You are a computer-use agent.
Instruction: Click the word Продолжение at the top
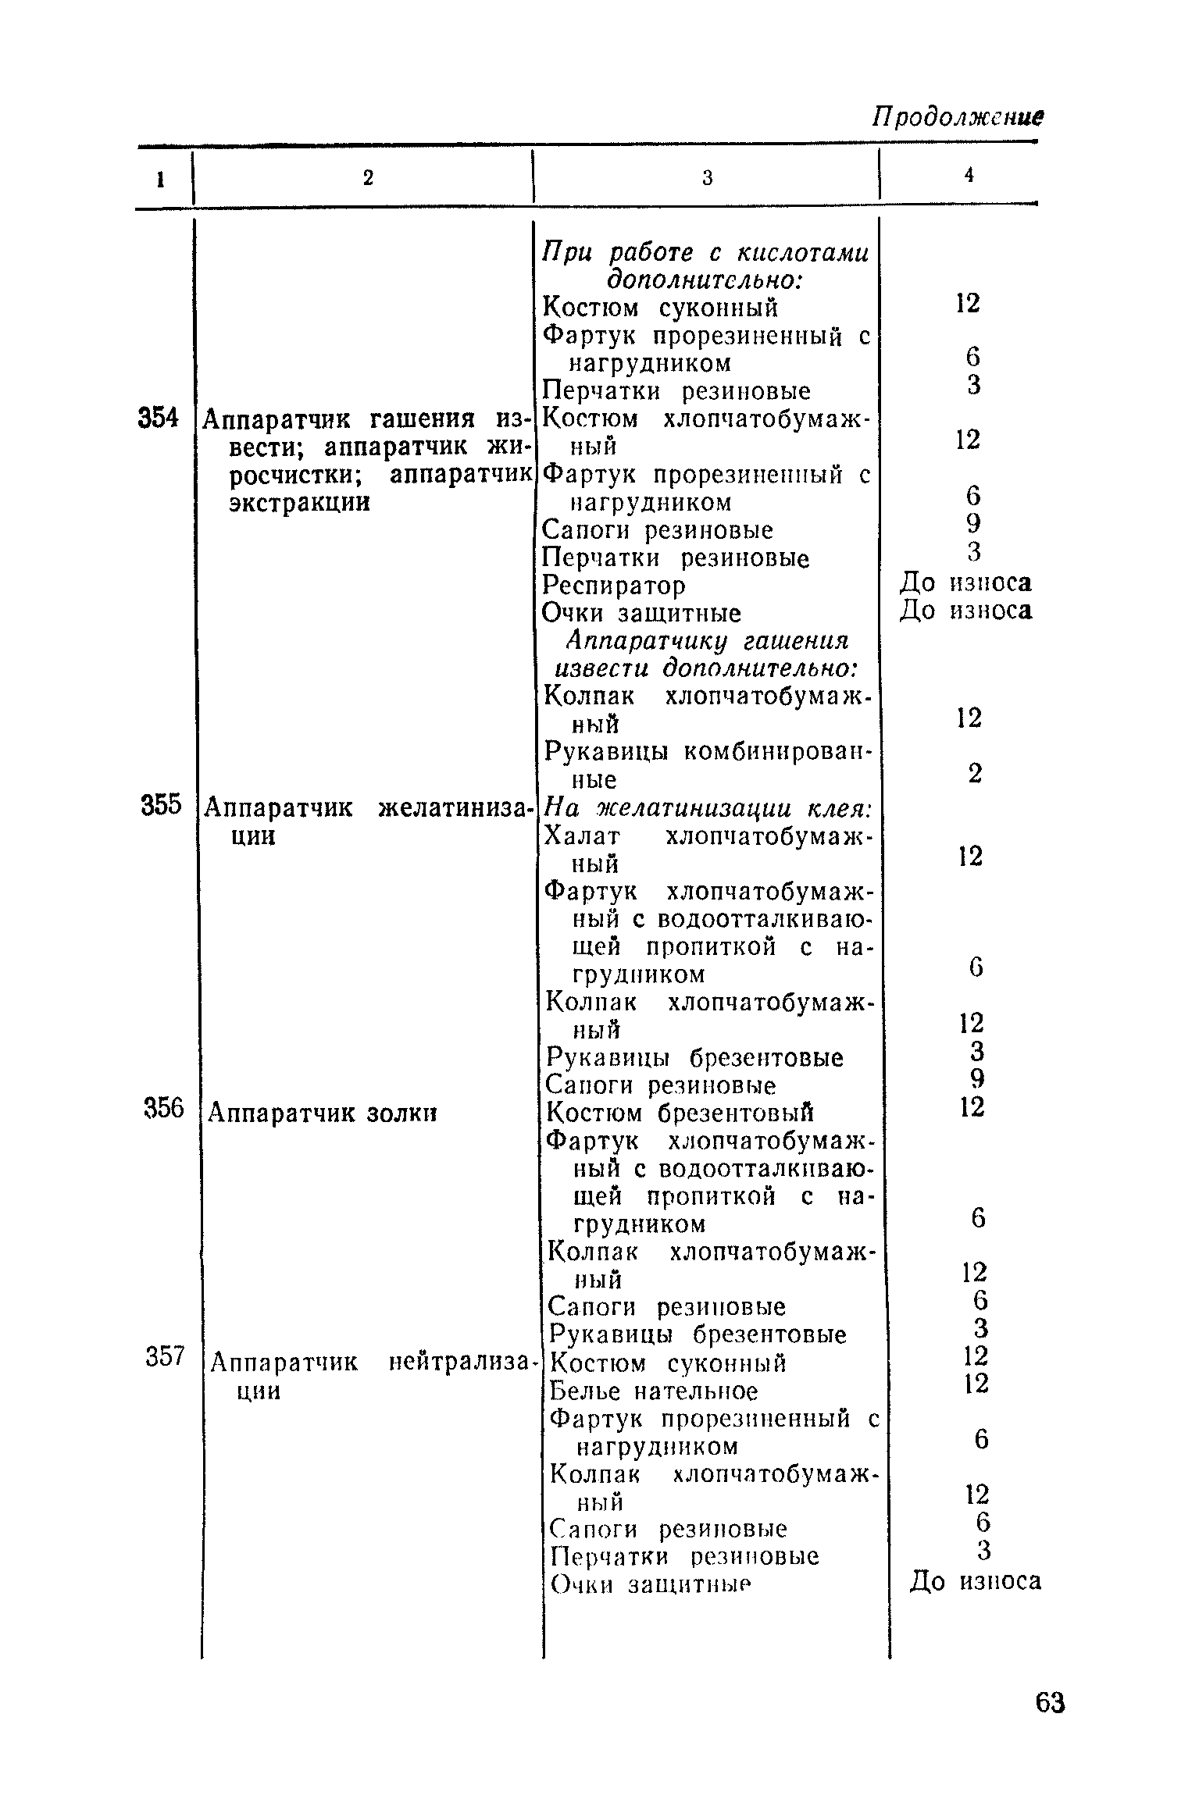tap(958, 118)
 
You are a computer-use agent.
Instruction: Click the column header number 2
tap(368, 178)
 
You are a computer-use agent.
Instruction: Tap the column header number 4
tap(969, 176)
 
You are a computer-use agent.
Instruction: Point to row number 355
tap(161, 805)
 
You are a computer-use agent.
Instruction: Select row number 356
tap(163, 1107)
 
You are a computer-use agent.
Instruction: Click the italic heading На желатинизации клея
tap(708, 808)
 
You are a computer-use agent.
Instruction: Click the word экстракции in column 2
tap(299, 502)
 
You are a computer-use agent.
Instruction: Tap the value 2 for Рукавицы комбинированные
tap(974, 773)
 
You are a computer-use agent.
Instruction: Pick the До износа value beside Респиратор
tap(967, 583)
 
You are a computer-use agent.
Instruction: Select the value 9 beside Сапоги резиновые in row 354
tap(972, 522)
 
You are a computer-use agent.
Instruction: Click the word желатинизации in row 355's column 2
tap(454, 807)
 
